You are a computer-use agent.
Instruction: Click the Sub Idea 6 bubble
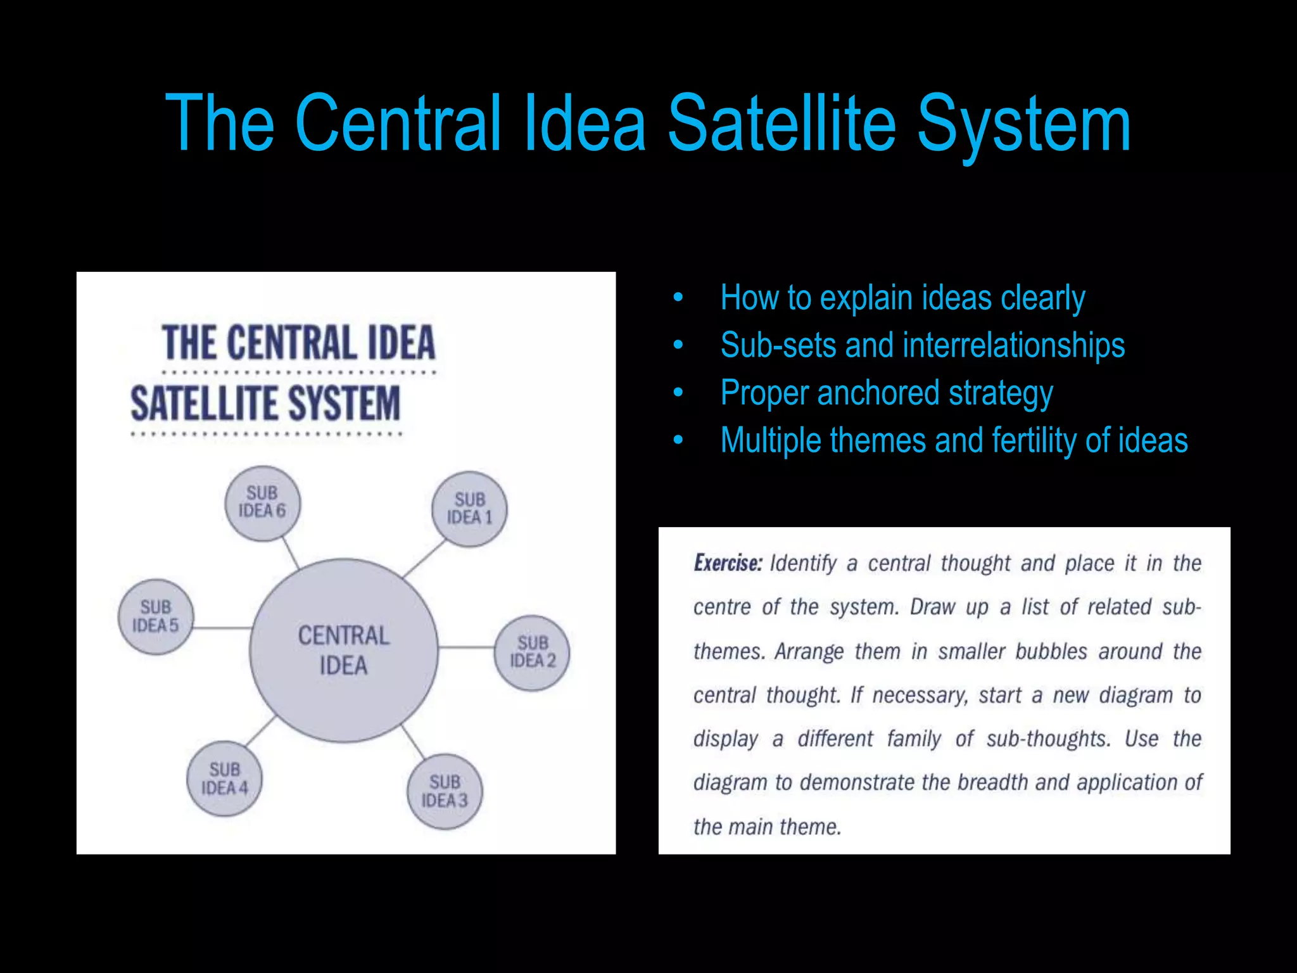[x=263, y=503]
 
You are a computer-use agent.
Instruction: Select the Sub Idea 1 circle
[x=469, y=509]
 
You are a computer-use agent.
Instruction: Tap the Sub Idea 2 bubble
[x=532, y=652]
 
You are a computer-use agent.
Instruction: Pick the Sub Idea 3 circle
[x=445, y=791]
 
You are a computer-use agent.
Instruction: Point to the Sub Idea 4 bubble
[x=224, y=779]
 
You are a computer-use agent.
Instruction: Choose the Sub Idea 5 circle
[x=156, y=616]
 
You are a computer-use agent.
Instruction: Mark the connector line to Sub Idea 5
[x=222, y=628]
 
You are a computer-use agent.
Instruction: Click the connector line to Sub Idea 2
[x=466, y=647]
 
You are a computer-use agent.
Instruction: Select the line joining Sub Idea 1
[x=424, y=558]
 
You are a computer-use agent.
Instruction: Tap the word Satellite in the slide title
[x=781, y=124]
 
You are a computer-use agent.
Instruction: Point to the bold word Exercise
[x=728, y=563]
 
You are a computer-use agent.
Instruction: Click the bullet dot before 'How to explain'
[x=678, y=297]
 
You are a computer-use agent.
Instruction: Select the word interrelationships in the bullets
[x=1013, y=346]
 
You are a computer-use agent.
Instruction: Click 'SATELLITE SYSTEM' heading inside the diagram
[x=265, y=404]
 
